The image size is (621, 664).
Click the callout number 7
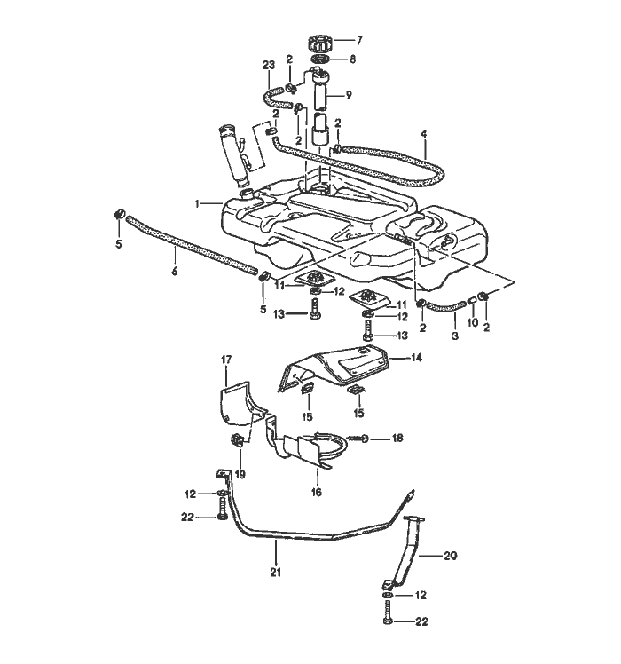(x=359, y=40)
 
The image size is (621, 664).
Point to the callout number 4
(x=424, y=135)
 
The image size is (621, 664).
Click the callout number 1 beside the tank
(x=198, y=204)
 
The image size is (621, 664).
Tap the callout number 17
(x=225, y=360)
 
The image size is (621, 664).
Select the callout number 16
(x=315, y=491)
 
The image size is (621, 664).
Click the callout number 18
(x=397, y=438)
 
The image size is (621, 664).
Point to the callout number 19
(x=239, y=474)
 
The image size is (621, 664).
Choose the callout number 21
(x=275, y=573)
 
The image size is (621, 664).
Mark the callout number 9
(x=348, y=95)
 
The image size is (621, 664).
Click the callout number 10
(x=472, y=322)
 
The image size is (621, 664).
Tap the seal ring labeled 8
(x=320, y=60)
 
